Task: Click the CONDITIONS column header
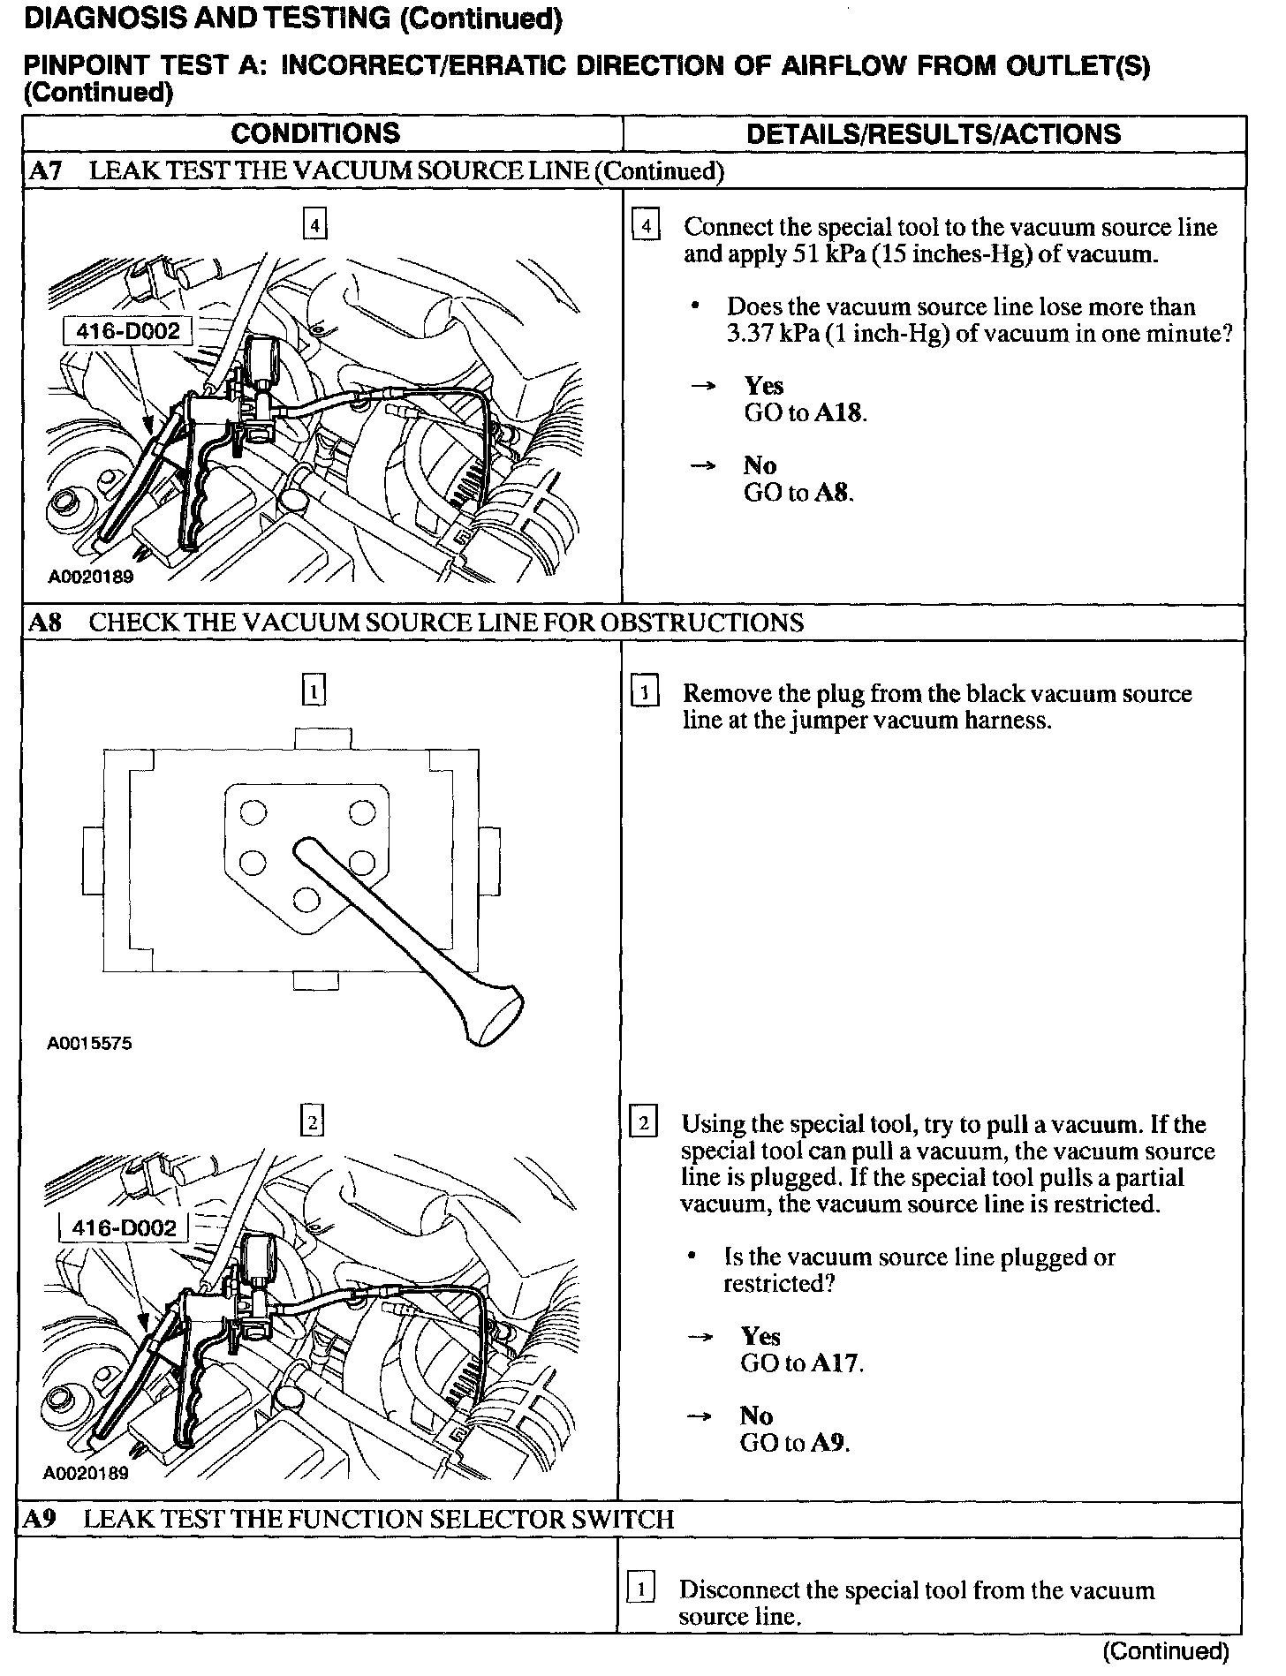315,134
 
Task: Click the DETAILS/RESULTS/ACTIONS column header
934,134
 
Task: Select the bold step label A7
45,171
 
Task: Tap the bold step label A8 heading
45,623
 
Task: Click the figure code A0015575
89,1043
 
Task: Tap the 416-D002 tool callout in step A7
127,332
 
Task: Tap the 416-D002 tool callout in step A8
124,1228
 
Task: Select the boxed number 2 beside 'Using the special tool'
643,1124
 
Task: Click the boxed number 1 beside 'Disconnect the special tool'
640,1590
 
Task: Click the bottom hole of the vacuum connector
306,900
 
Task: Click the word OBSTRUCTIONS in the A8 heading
701,623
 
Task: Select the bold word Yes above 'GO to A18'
764,386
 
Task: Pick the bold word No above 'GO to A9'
757,1416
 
